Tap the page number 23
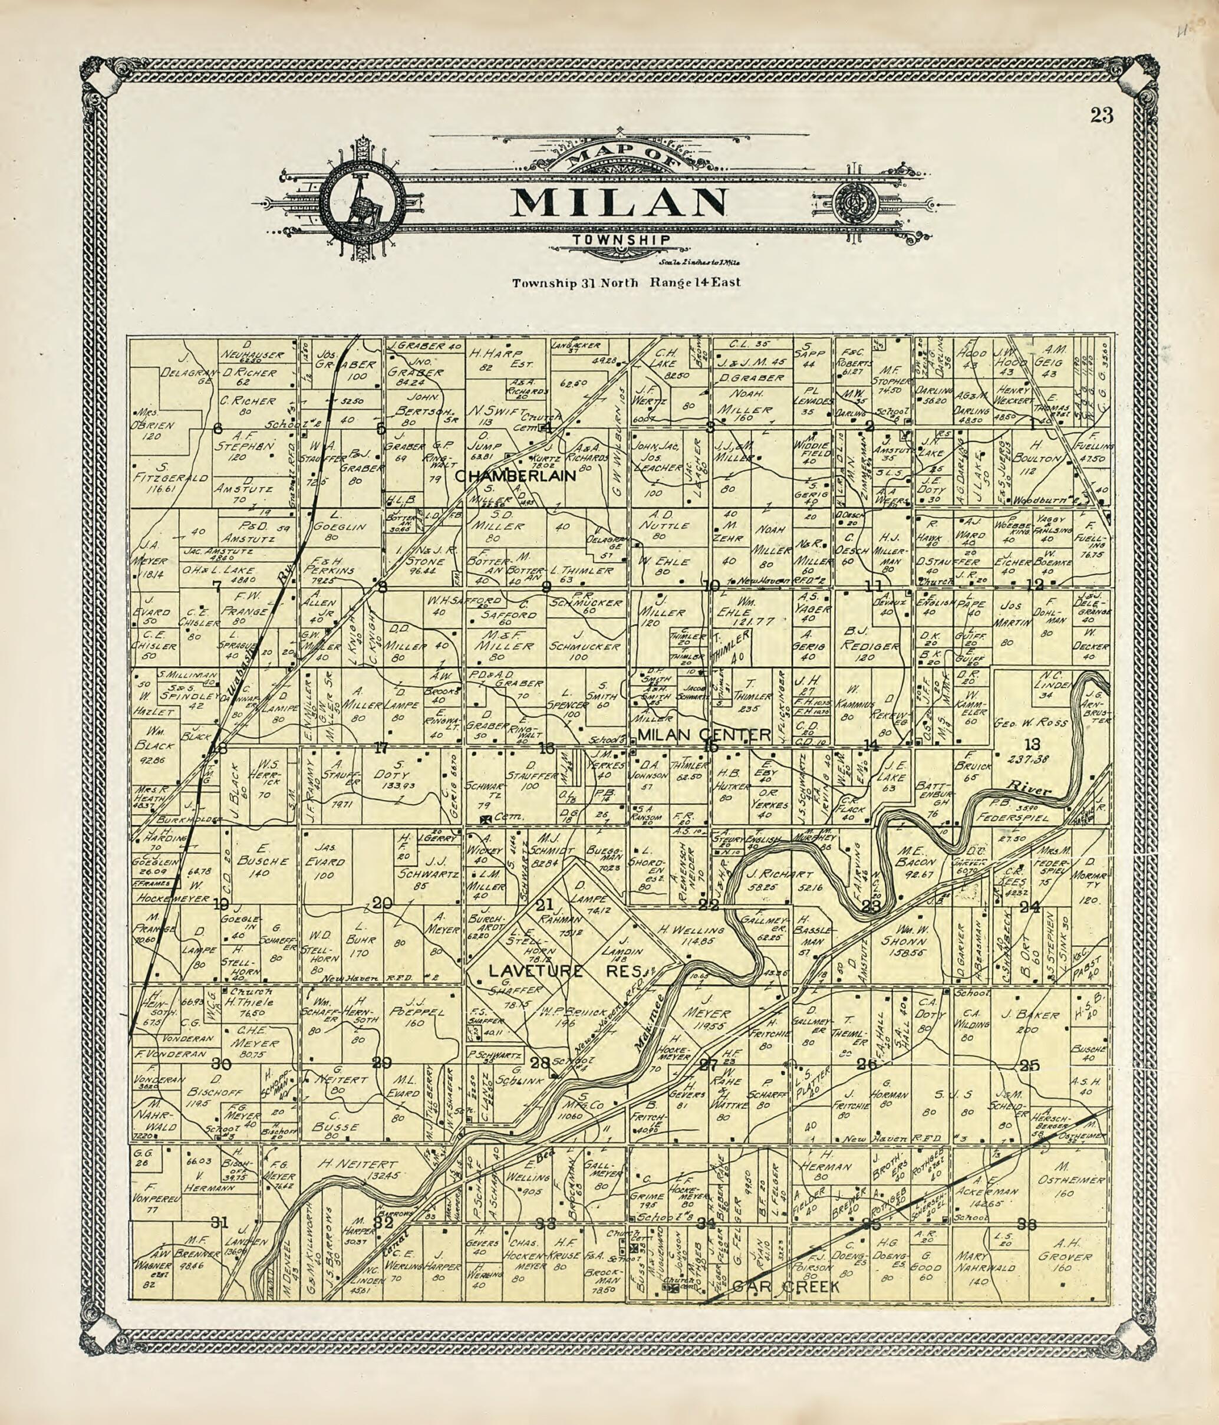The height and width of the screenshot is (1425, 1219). (1101, 116)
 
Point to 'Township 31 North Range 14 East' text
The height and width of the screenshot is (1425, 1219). (625, 282)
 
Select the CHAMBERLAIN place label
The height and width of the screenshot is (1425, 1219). (516, 475)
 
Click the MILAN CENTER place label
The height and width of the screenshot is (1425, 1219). (705, 736)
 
